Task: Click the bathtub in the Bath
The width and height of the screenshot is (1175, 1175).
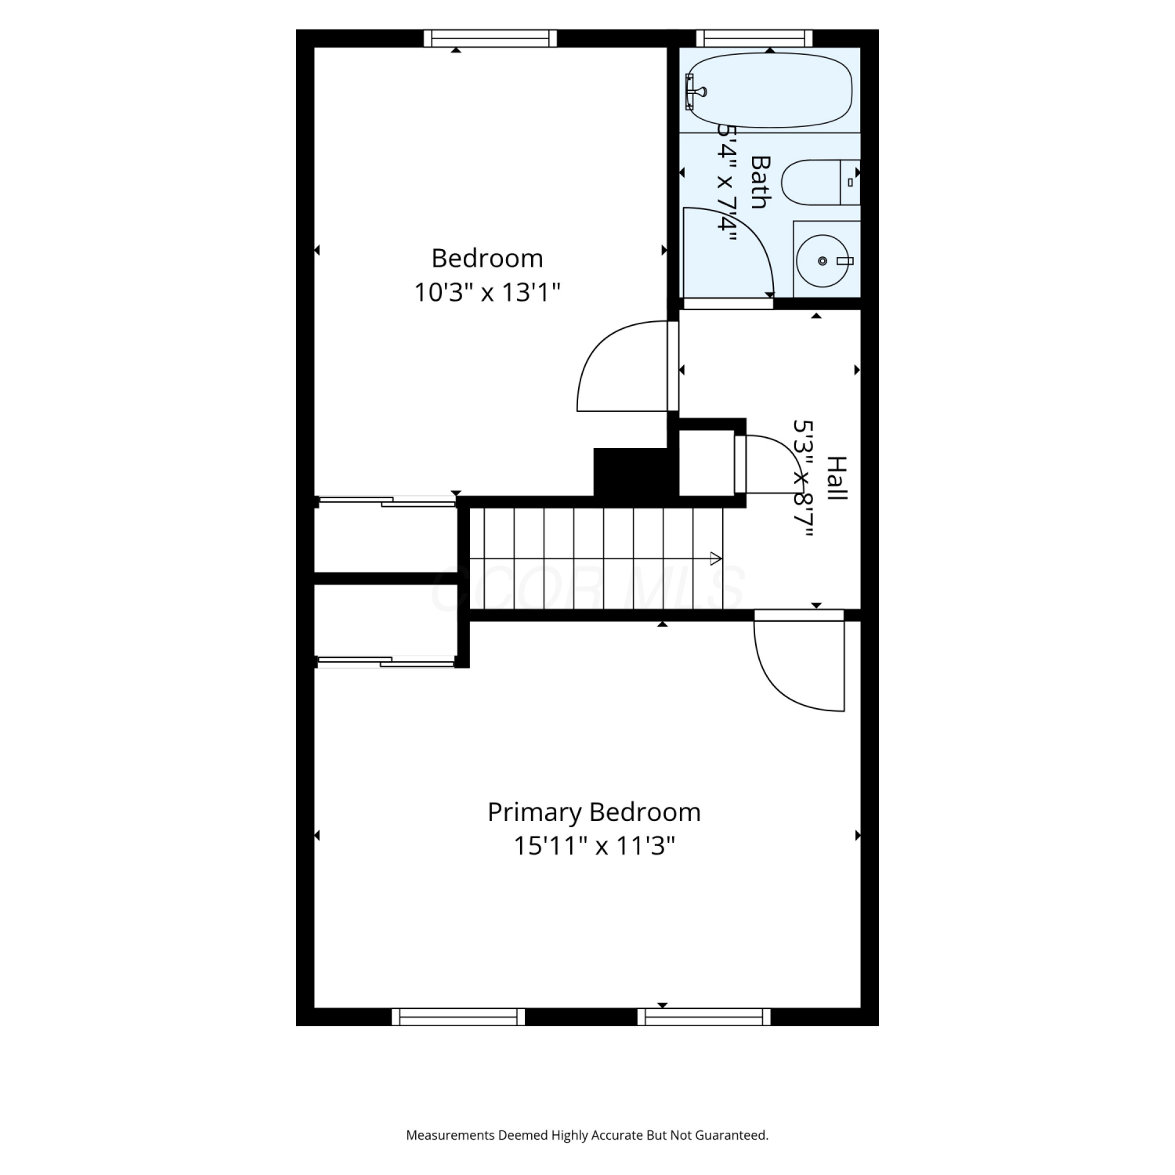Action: tap(769, 90)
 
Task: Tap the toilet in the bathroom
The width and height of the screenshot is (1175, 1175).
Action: tap(820, 183)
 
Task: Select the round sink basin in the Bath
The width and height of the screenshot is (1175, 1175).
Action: tap(823, 260)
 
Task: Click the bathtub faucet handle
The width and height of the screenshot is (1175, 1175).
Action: tap(694, 91)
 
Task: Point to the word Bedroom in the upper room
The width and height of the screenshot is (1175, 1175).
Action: tap(487, 258)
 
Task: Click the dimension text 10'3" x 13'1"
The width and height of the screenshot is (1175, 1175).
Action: tap(487, 292)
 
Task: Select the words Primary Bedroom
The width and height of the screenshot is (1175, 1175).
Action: tap(594, 812)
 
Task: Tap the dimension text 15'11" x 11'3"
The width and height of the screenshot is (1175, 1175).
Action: tap(594, 846)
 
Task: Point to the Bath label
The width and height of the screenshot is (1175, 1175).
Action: tap(760, 182)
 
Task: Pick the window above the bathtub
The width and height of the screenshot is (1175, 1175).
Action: tap(754, 38)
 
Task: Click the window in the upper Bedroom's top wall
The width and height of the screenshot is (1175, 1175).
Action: tap(490, 38)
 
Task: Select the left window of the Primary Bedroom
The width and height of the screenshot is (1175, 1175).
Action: tap(458, 1017)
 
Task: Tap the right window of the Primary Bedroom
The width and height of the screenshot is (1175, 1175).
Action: tap(703, 1017)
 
